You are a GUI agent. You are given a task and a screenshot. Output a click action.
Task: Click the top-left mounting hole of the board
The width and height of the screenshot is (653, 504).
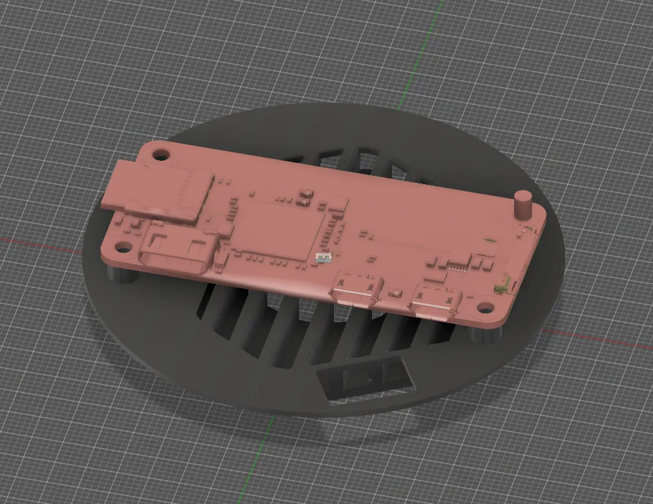tap(161, 154)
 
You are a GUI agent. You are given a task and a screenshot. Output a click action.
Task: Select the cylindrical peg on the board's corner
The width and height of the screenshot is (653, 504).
tap(522, 205)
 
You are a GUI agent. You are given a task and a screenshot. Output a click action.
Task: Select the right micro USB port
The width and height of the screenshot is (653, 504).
tap(434, 304)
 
